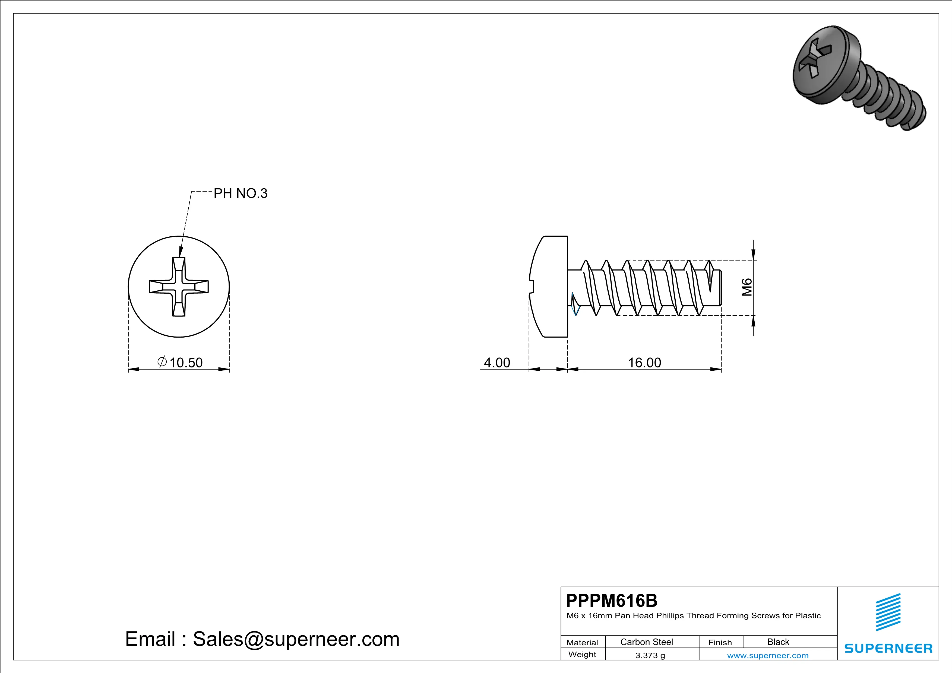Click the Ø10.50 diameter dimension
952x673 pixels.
180,362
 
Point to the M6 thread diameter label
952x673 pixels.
747,287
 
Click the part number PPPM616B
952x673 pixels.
612,601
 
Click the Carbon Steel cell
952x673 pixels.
646,642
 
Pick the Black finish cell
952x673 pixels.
778,642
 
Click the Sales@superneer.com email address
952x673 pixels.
296,639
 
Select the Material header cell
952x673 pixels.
582,642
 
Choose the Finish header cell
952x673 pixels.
720,642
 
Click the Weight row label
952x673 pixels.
582,654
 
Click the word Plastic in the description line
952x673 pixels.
808,616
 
